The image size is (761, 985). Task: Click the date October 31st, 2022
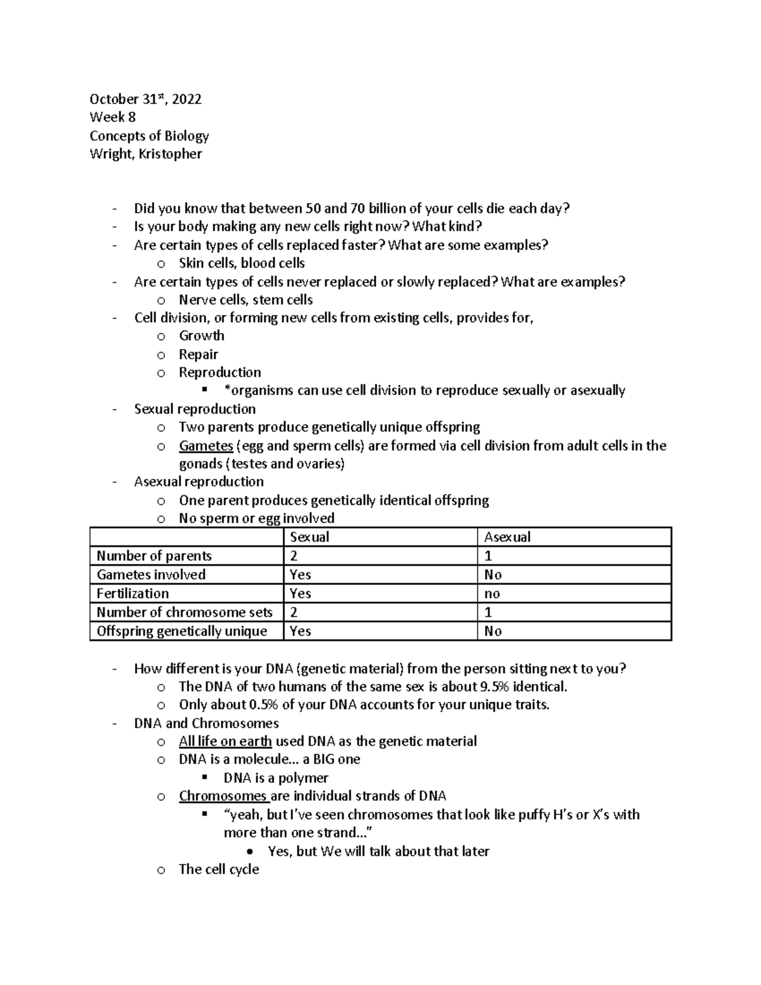click(x=145, y=99)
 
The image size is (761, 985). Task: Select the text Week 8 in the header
click(x=113, y=117)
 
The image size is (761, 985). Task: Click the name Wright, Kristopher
click(x=146, y=154)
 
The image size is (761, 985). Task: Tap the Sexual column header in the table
click(x=309, y=537)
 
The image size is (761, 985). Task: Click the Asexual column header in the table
click(x=507, y=537)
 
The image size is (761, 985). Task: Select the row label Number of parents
click(x=154, y=556)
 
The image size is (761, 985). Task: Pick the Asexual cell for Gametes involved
click(x=493, y=575)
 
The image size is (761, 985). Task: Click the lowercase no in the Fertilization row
click(x=492, y=594)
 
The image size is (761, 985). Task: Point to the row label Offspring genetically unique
click(x=182, y=631)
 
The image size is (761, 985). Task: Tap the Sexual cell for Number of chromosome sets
click(x=294, y=612)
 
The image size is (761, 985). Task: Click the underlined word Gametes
click(x=206, y=446)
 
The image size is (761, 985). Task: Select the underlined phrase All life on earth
click(x=225, y=741)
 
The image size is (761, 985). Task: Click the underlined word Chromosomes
click(x=223, y=796)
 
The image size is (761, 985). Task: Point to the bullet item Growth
click(x=202, y=336)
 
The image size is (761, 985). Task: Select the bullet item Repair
click(x=198, y=355)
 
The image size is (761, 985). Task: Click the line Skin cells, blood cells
click(x=242, y=263)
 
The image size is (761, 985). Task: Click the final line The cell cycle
click(x=219, y=870)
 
